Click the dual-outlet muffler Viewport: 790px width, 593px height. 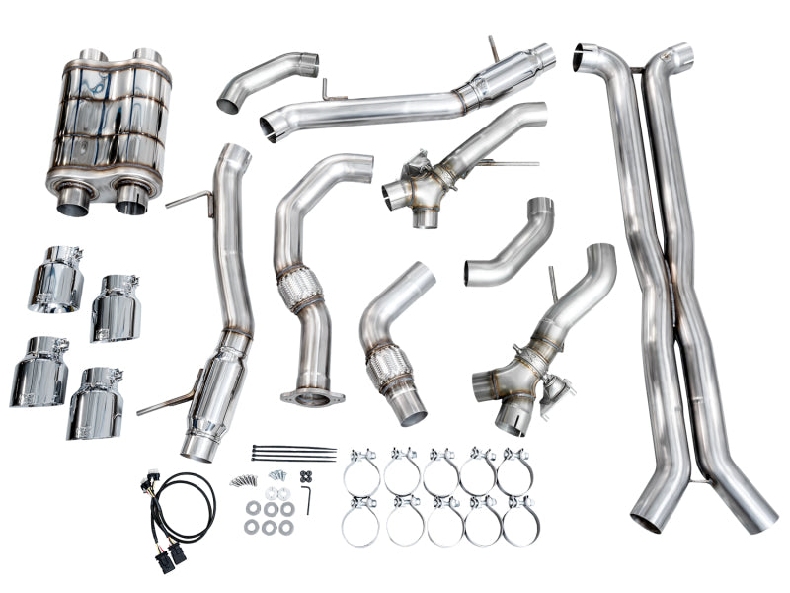108,124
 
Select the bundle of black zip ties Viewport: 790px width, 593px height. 293,454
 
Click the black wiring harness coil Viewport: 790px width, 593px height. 183,510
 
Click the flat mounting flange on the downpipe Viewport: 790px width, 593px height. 312,397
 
